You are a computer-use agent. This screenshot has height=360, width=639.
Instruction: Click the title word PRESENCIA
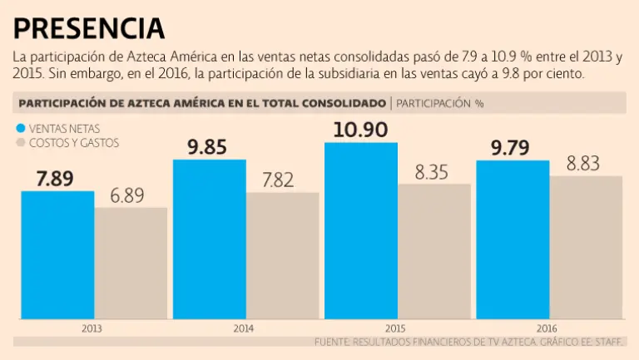pos(89,28)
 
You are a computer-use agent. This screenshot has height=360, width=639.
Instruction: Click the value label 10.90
pos(360,130)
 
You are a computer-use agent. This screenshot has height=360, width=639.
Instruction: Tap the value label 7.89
pos(57,178)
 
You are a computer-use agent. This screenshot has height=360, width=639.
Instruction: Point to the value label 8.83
pos(586,163)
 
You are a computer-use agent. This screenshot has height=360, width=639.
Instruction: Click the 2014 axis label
pos(245,328)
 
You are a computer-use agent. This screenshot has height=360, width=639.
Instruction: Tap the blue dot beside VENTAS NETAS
pos(20,129)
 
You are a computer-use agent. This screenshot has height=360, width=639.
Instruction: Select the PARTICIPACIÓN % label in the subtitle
pos(440,104)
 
